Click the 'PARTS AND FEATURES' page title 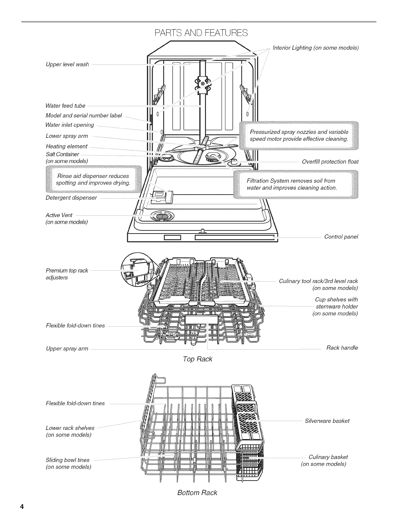tap(201, 33)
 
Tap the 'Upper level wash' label tap(67, 64)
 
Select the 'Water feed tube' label tap(65, 106)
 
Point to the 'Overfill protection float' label tap(330, 162)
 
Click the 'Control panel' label tap(341, 237)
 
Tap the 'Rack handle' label tap(342, 348)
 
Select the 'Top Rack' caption tap(197, 359)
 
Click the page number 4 tap(22, 507)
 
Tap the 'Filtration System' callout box tap(296, 184)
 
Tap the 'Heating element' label tap(67, 146)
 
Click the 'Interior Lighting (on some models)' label tap(315, 48)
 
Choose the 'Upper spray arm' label tap(67, 348)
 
